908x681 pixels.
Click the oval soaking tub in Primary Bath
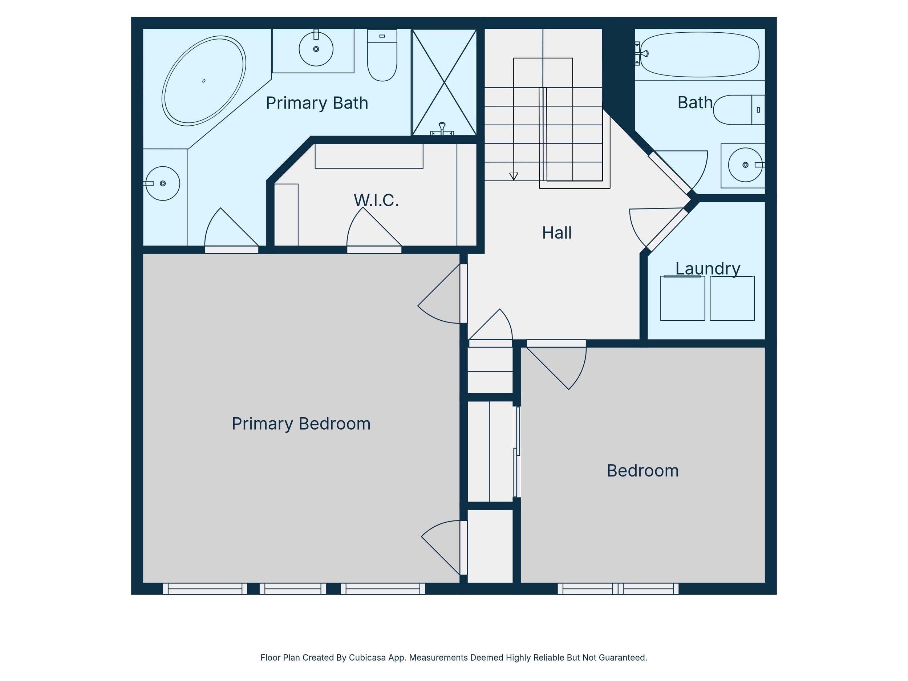coord(204,81)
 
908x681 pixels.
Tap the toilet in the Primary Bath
coord(382,55)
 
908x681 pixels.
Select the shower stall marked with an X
coord(444,82)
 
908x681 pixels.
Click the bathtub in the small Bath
coord(700,54)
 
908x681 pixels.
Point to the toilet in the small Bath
coord(739,110)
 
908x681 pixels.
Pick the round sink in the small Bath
coord(745,165)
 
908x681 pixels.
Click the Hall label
coord(557,233)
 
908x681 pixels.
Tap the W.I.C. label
coord(376,200)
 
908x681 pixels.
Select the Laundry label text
coord(708,268)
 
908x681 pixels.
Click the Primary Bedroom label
coord(301,423)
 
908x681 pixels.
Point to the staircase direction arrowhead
coord(514,177)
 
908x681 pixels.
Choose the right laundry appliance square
coord(732,298)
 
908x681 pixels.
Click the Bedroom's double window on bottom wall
coord(618,589)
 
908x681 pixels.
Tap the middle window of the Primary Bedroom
coord(293,589)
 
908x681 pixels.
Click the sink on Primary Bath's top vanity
coord(316,49)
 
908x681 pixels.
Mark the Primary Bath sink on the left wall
coord(163,183)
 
